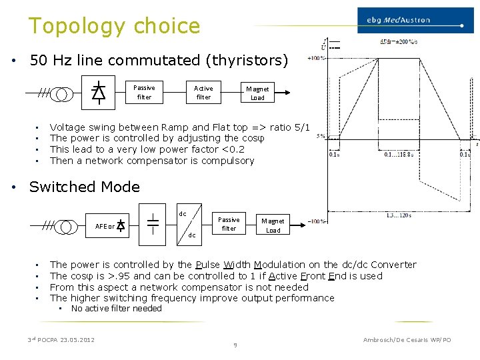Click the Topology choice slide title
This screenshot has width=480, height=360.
[x=114, y=26]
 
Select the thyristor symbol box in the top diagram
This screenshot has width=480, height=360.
[x=98, y=92]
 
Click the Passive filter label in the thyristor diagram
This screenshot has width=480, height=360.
[x=144, y=92]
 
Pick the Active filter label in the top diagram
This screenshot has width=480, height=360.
[x=203, y=92]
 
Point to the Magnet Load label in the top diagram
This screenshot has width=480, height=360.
[x=257, y=93]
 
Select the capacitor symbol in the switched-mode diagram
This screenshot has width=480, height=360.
[x=153, y=224]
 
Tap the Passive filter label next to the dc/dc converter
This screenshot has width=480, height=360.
[x=229, y=223]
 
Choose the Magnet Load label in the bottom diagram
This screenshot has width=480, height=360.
[x=273, y=225]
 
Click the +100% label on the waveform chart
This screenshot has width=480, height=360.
[x=316, y=59]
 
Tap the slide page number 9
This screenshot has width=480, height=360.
[x=235, y=345]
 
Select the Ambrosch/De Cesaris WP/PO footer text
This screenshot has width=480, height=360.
[x=407, y=340]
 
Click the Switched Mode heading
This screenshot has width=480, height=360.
[x=85, y=187]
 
